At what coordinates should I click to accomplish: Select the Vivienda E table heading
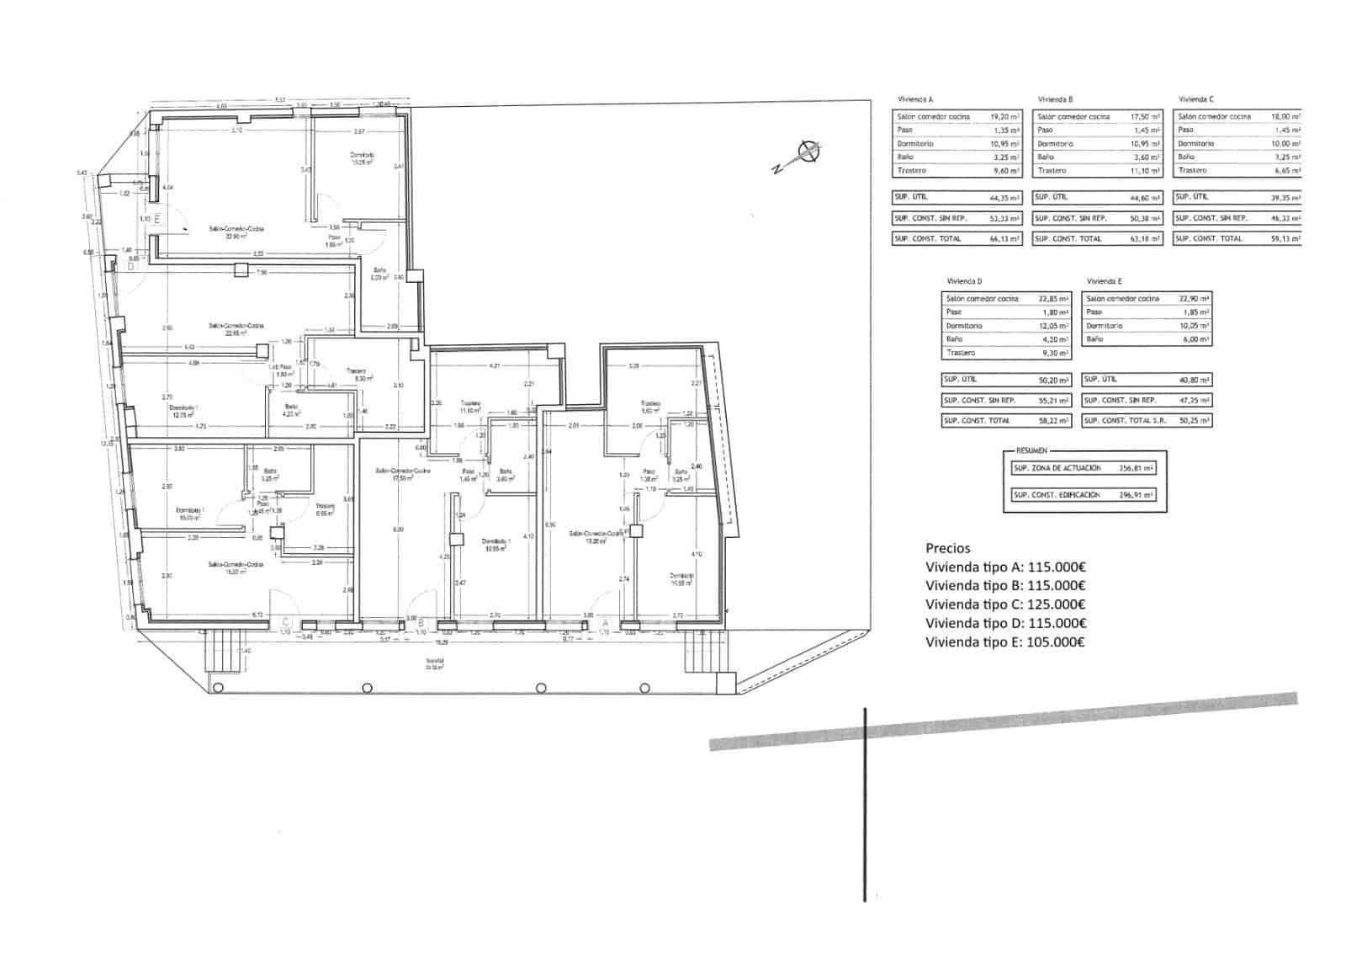(1104, 281)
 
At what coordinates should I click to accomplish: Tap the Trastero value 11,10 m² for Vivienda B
(1146, 171)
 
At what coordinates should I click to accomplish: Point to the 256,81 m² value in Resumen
(1136, 468)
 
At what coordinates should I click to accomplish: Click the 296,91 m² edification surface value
(1136, 495)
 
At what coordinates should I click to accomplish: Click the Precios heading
(947, 548)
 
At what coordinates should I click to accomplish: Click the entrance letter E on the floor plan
(156, 218)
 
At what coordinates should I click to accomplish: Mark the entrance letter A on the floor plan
(604, 622)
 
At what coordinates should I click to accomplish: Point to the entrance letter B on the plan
(421, 622)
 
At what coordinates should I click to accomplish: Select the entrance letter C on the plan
(285, 622)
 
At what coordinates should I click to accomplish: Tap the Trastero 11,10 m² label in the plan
(469, 407)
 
